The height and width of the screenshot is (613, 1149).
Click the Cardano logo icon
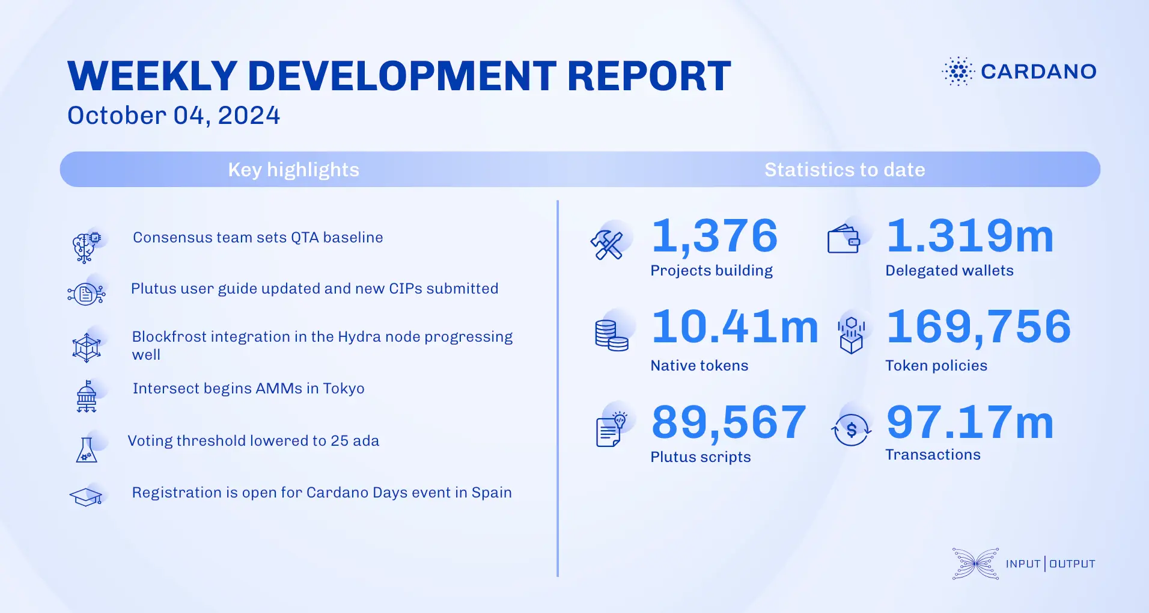click(x=958, y=72)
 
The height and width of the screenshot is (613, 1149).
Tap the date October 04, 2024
click(x=174, y=116)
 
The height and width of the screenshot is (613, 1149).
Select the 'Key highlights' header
click(x=293, y=170)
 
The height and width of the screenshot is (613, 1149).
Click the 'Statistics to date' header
click(x=844, y=170)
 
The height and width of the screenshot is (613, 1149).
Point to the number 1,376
click(x=715, y=236)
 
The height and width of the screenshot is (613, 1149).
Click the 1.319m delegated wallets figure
click(x=970, y=236)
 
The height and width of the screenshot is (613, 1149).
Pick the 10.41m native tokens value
click(x=735, y=327)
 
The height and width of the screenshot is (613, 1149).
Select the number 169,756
click(x=979, y=327)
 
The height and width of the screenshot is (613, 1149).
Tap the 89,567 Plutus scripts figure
click(x=728, y=422)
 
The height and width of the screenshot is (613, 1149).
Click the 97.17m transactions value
click(x=970, y=422)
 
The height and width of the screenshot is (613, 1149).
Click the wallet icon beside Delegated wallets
click(x=844, y=240)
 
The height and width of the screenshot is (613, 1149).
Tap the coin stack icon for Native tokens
click(x=611, y=335)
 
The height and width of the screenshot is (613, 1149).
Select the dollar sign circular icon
click(x=851, y=430)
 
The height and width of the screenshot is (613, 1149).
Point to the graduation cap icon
click(x=86, y=497)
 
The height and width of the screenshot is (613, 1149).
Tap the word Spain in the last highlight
click(x=492, y=493)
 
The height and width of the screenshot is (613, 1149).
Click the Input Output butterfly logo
click(x=975, y=564)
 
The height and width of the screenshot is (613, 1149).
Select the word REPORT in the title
click(x=649, y=76)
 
